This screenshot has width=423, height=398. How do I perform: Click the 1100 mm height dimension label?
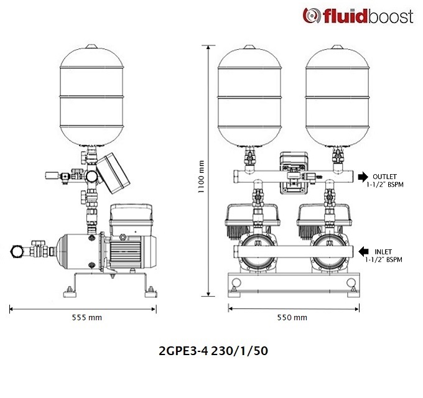click(x=201, y=177)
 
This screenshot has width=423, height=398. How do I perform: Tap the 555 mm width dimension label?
click(x=87, y=318)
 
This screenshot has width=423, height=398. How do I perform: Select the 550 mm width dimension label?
click(x=292, y=318)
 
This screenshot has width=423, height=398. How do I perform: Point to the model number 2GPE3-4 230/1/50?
click(x=213, y=351)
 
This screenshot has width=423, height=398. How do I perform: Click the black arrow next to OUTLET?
click(x=363, y=177)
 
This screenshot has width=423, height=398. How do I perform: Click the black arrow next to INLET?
click(x=363, y=251)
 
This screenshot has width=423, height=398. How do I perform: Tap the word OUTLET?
click(x=384, y=177)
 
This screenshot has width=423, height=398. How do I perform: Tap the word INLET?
click(x=383, y=252)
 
